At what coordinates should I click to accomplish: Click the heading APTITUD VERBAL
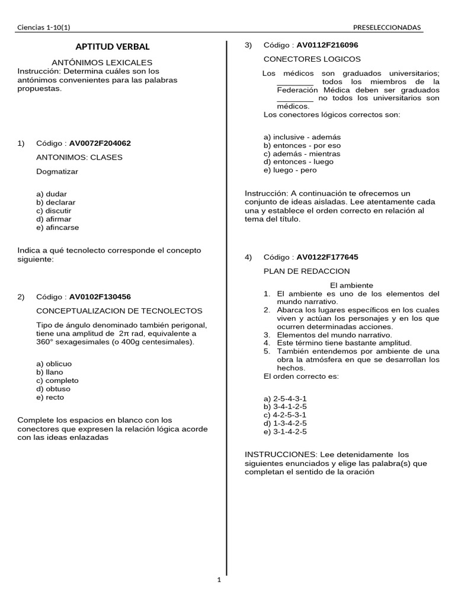[112, 46]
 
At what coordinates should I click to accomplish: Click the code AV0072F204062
[100, 143]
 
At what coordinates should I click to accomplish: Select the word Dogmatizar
[57, 171]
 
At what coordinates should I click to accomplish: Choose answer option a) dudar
[52, 194]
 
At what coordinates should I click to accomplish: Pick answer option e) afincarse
[57, 227]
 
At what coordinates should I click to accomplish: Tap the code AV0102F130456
[100, 296]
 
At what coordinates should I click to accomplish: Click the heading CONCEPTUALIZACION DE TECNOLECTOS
[119, 311]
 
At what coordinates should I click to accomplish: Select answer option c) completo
[57, 381]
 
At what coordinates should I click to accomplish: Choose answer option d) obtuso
[53, 389]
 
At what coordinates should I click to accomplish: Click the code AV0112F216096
[327, 45]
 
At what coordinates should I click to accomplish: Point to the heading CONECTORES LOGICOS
[312, 59]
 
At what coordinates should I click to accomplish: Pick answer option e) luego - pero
[290, 170]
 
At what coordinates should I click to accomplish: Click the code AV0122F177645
[327, 257]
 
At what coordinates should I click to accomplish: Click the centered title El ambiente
[351, 285]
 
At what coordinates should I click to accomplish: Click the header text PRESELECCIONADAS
[387, 27]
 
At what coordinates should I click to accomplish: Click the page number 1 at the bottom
[219, 580]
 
